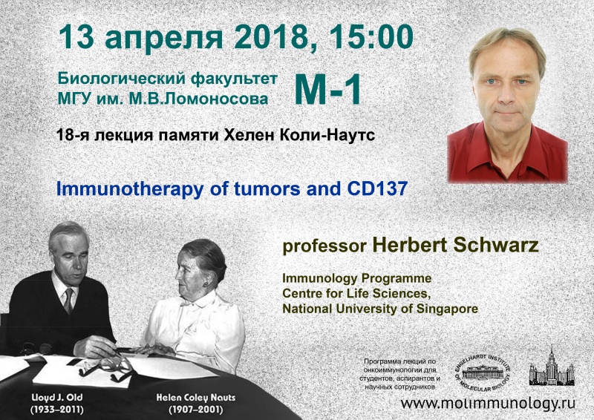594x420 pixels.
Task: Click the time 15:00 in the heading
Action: pyautogui.click(x=371, y=37)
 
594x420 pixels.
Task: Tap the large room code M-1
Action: pyautogui.click(x=327, y=90)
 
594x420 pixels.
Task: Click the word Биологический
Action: pyautogui.click(x=121, y=79)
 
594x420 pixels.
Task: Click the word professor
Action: pyautogui.click(x=324, y=246)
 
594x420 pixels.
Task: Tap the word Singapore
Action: pyautogui.click(x=447, y=309)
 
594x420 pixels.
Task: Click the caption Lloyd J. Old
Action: pyautogui.click(x=57, y=398)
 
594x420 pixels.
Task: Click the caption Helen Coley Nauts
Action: pyautogui.click(x=196, y=398)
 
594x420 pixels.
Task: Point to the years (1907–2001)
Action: pyautogui.click(x=196, y=410)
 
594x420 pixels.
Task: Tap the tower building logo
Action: pyautogui.click(x=552, y=366)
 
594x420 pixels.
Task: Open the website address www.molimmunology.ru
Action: pyautogui.click(x=488, y=404)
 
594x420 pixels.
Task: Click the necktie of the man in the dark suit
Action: pyautogui.click(x=68, y=301)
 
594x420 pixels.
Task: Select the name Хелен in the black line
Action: pyautogui.click(x=249, y=135)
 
